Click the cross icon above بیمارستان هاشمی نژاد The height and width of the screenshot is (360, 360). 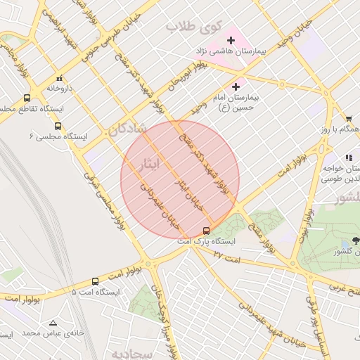click(231, 40)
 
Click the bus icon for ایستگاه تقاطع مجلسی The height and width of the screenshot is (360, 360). click(27, 98)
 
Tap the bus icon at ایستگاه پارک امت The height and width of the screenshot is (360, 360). click(206, 230)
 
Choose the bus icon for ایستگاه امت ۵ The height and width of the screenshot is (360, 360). click(95, 281)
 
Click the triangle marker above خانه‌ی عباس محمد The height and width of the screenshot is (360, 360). click(53, 323)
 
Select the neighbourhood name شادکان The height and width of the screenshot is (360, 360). click(127, 129)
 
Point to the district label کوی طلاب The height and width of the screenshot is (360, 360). click(193, 26)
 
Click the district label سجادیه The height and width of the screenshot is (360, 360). click(151, 354)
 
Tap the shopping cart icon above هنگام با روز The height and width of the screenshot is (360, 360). click(349, 119)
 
